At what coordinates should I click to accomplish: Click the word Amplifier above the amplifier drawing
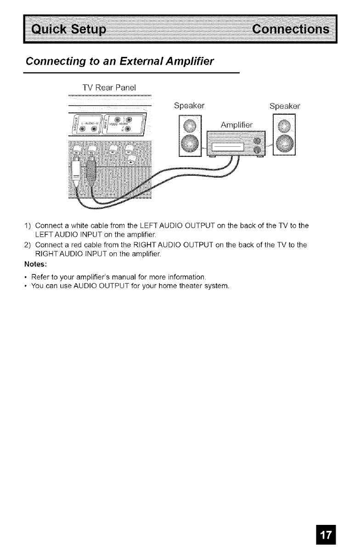tap(239, 124)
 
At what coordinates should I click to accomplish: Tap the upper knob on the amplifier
tap(258, 140)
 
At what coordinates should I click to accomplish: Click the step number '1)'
tap(27, 225)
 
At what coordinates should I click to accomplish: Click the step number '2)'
tap(27, 245)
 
